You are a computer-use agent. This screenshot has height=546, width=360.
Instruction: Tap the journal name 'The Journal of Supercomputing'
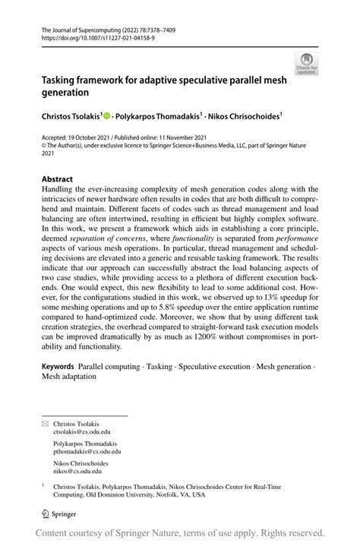[x=84, y=27]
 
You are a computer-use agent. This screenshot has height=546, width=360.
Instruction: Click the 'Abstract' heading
[x=57, y=178]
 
